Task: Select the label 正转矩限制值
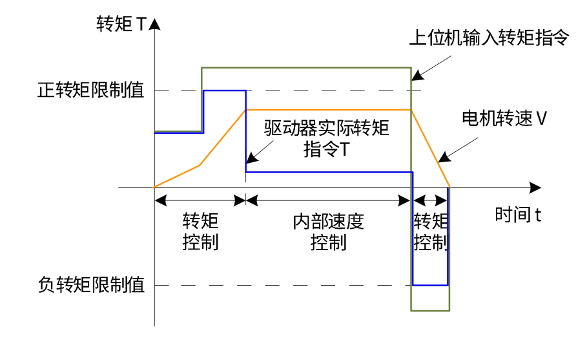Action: coord(91,90)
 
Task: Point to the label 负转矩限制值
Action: coord(91,285)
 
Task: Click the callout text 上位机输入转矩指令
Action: coord(490,38)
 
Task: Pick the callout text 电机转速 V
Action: coord(504,118)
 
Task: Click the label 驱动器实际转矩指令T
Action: coord(327,138)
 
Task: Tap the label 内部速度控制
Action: coord(328,232)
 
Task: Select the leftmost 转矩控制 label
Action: coord(200,232)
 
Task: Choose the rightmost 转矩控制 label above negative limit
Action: coord(431,232)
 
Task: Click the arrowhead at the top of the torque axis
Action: coord(155,25)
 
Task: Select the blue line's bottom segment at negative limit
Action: coord(430,285)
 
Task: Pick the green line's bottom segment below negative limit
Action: coord(430,311)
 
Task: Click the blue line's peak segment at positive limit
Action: coord(224,90)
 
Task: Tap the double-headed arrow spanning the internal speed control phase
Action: coord(328,200)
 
